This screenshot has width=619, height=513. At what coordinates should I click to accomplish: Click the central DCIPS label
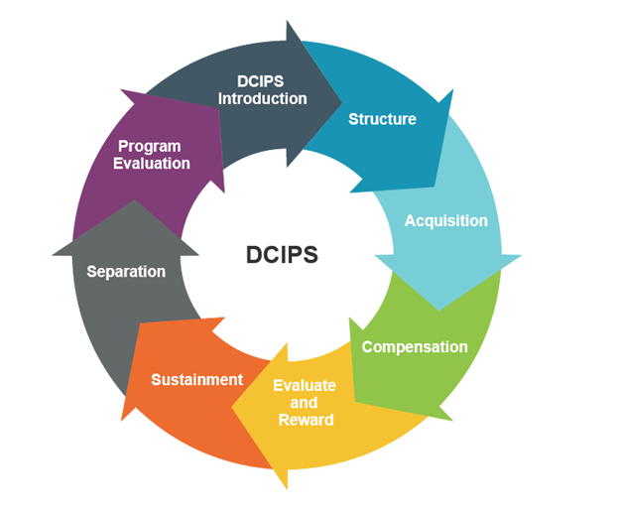282,255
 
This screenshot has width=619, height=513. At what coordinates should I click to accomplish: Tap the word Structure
382,119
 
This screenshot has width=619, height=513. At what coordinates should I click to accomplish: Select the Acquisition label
445,220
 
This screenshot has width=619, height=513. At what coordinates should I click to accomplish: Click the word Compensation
415,347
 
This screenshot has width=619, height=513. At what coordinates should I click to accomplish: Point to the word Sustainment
196,379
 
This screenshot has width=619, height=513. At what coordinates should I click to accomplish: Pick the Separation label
126,271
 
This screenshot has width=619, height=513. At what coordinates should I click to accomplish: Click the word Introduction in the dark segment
263,98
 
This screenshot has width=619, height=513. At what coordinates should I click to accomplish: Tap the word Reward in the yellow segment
306,420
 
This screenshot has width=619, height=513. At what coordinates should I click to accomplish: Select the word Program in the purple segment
150,146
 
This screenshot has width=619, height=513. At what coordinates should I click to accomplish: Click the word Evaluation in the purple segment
151,163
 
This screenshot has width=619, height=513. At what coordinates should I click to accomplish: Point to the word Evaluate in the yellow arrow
305,385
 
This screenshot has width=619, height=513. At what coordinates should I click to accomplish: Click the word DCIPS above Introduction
262,80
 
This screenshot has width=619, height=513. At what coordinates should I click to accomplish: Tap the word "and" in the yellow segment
305,403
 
